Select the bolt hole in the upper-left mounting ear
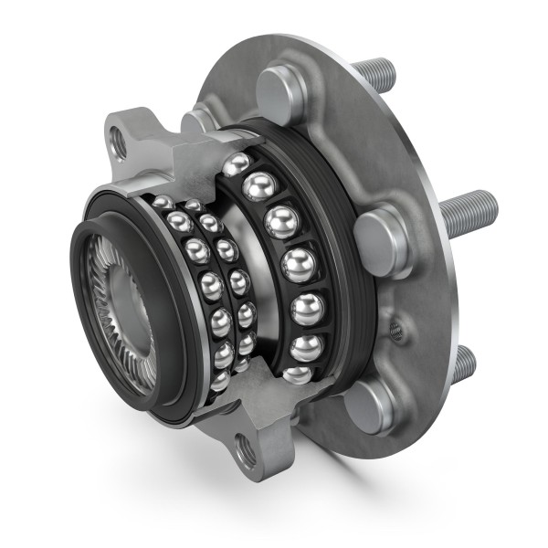118,140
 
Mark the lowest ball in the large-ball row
297,374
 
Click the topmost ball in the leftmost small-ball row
163,203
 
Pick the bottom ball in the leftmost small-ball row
219,380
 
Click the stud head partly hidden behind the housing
196,121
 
